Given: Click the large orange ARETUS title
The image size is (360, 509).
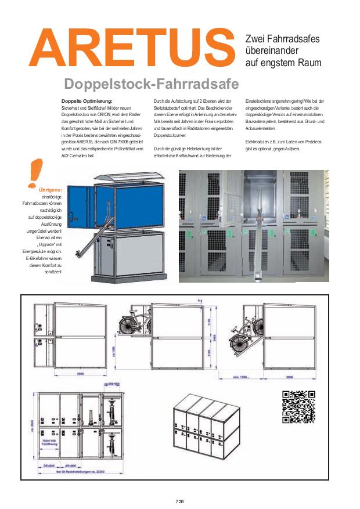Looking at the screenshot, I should coord(135,49).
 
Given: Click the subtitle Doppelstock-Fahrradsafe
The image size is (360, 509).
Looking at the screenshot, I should coord(151,85).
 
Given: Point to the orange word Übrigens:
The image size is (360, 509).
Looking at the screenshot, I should coord(49,190).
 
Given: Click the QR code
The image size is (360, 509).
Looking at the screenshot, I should coord(298,407).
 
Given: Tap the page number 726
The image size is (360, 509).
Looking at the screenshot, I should coord(179,501).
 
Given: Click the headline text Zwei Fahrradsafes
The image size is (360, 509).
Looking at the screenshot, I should coord(282,38).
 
